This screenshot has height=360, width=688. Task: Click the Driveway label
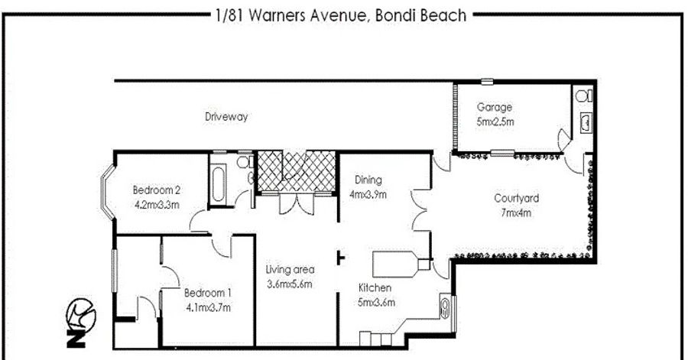[x=226, y=117]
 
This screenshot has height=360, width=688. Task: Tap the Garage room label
[x=495, y=108]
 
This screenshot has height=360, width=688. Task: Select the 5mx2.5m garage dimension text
[x=495, y=122]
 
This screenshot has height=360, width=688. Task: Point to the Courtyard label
[x=517, y=199]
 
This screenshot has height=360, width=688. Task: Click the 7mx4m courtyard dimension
[x=516, y=213]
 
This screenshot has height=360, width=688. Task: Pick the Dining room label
[x=368, y=180]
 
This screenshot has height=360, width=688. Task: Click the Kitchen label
[x=375, y=288]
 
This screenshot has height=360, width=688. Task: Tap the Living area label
[x=290, y=270]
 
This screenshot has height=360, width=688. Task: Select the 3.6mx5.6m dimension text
[x=290, y=284]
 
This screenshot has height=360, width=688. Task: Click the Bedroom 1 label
[x=208, y=293]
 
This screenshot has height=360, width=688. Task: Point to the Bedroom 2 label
[x=157, y=190]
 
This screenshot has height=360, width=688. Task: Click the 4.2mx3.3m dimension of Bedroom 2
[x=157, y=205]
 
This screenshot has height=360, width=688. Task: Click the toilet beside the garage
[x=584, y=95]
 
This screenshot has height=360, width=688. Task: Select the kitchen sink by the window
[x=445, y=307]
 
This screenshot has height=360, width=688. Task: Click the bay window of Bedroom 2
[x=106, y=193]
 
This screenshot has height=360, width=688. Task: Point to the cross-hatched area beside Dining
[x=296, y=171]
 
